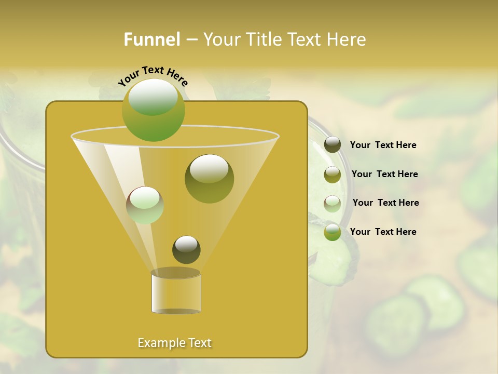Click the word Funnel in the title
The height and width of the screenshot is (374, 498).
click(x=152, y=39)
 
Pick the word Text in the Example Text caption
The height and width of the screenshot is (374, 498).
click(x=199, y=343)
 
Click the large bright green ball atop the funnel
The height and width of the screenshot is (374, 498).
click(x=153, y=110)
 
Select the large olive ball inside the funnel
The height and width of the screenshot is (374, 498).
click(x=209, y=179)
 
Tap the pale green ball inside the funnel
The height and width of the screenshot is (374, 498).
click(x=145, y=205)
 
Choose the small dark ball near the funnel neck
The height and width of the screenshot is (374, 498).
click(x=186, y=249)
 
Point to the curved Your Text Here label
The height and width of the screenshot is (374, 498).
click(x=153, y=76)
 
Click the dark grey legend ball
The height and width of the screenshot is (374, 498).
click(x=333, y=145)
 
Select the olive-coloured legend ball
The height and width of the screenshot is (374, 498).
click(x=333, y=175)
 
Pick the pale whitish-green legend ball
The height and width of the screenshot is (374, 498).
click(x=333, y=204)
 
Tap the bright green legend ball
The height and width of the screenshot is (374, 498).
click(x=333, y=232)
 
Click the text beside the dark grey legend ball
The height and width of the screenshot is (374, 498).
click(x=383, y=145)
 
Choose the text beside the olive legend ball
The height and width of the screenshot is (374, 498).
click(x=384, y=174)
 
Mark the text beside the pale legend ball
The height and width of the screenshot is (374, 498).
click(x=385, y=203)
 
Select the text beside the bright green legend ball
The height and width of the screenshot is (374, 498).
click(x=383, y=232)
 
